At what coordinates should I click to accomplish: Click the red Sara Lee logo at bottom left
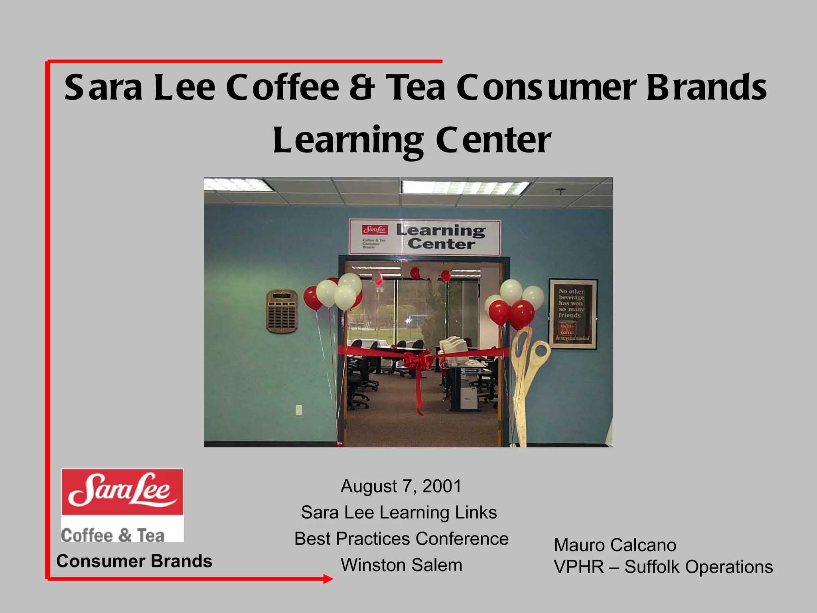click(122, 492)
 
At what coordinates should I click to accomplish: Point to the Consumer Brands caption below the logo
click(134, 561)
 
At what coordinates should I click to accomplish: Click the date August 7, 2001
click(401, 486)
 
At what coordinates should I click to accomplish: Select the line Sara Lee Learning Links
click(399, 512)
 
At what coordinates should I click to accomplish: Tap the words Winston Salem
click(401, 565)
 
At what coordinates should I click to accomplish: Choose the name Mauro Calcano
click(615, 545)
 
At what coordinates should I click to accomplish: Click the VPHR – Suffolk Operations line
click(663, 567)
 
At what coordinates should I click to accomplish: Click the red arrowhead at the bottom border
click(328, 579)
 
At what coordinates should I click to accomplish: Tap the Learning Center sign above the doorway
click(424, 237)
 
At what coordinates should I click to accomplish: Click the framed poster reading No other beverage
click(573, 314)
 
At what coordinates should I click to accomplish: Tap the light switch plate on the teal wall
click(298, 410)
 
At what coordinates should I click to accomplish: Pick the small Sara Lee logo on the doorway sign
click(375, 230)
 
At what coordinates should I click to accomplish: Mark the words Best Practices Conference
click(401, 539)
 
